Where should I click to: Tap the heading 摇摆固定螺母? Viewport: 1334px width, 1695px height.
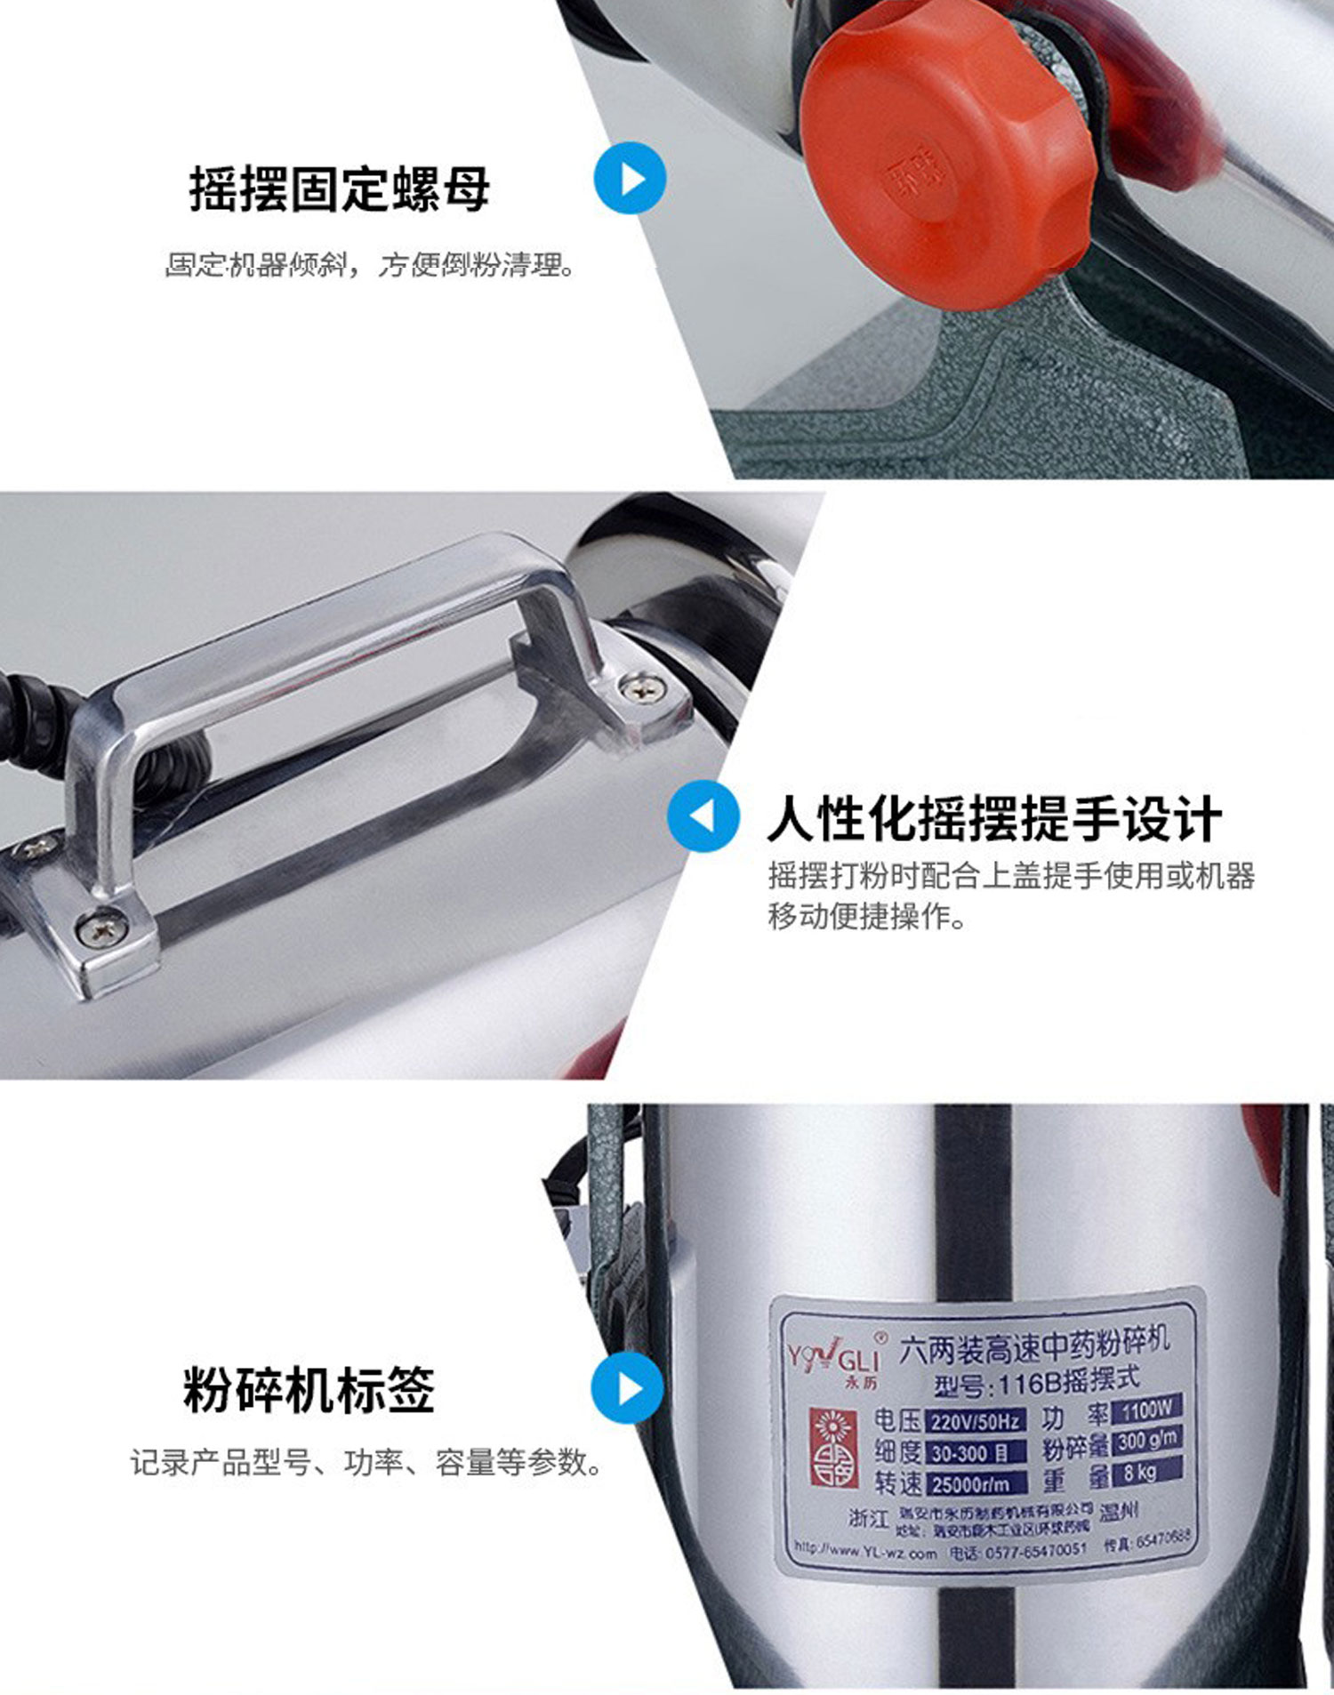339,189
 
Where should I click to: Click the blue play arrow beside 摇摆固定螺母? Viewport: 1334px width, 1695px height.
630,179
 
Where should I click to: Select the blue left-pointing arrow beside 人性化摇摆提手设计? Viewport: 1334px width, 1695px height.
703,816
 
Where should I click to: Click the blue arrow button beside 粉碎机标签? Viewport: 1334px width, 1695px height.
627,1388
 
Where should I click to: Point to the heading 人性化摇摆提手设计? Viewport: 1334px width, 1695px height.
993,819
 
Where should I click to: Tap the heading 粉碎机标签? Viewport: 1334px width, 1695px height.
309,1390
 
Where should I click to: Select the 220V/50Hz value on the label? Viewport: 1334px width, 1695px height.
976,1420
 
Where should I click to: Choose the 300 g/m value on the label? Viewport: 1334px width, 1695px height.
1147,1440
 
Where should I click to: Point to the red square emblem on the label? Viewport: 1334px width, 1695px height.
832,1446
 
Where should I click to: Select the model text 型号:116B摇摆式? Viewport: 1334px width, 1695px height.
1037,1382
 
